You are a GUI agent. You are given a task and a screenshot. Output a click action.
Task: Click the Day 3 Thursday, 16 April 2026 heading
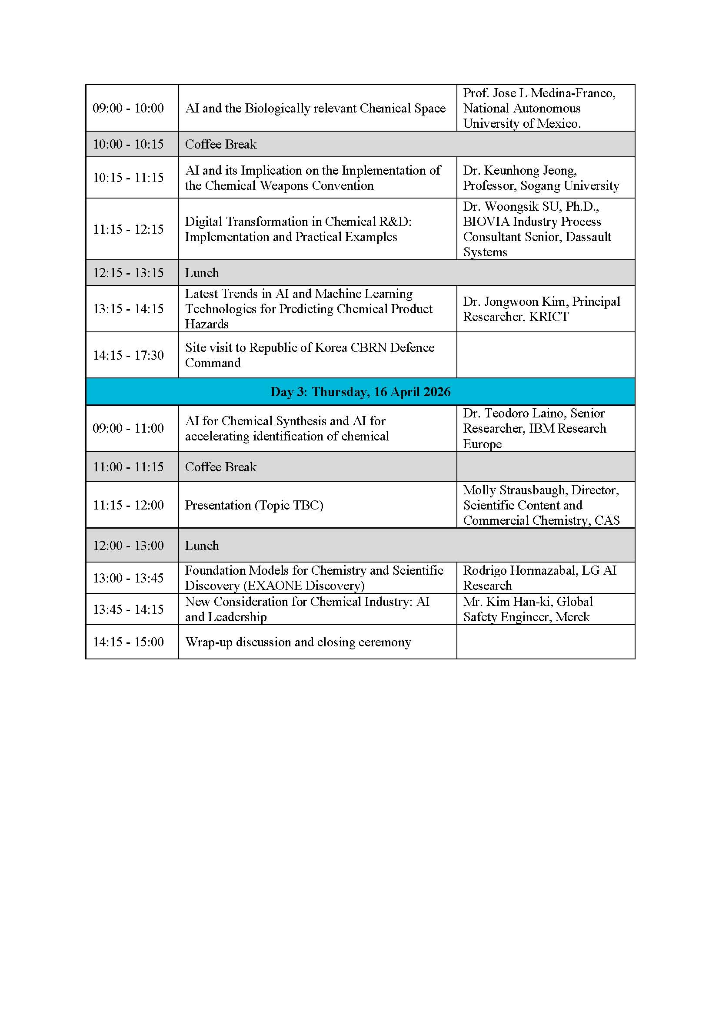[360, 392]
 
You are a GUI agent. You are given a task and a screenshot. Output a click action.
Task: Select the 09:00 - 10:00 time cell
[128, 108]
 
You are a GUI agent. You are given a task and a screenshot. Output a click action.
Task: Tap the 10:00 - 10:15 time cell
[128, 144]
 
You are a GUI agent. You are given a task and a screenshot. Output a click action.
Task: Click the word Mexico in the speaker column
[557, 123]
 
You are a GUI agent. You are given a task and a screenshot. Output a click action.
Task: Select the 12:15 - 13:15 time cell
[128, 273]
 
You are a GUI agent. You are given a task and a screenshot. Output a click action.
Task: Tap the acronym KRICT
[549, 317]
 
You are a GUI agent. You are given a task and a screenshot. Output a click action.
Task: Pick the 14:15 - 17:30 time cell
[128, 355]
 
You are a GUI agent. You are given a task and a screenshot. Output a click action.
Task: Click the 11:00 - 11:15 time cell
[128, 467]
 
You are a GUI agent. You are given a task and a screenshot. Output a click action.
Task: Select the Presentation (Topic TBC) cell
[254, 505]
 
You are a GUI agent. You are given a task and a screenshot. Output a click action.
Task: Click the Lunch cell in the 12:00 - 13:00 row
[202, 546]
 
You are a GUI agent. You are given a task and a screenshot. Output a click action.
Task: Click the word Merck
[573, 617]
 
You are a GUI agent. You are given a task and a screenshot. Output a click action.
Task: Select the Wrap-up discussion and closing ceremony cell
[298, 642]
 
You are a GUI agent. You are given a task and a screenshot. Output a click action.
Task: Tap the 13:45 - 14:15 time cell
[128, 609]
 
